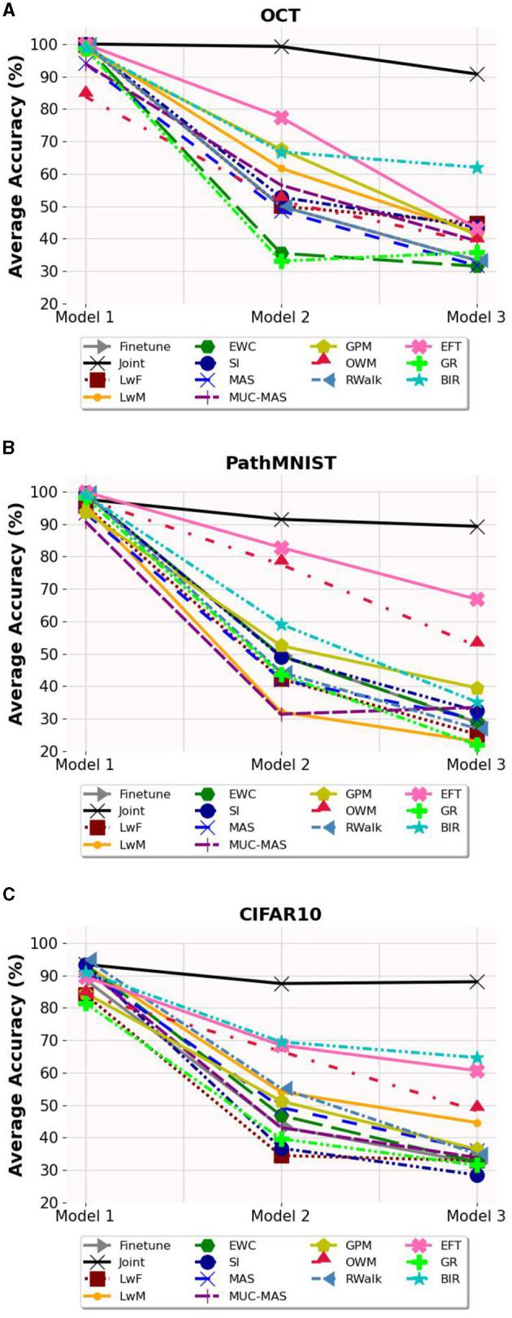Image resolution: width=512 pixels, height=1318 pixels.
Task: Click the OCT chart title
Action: (x=280, y=16)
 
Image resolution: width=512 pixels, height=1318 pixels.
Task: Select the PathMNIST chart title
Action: (x=280, y=463)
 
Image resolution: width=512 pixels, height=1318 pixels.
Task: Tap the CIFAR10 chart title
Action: (x=280, y=914)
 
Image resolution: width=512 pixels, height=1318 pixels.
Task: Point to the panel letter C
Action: (x=9, y=894)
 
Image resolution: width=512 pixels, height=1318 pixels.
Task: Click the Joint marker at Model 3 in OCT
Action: (x=477, y=75)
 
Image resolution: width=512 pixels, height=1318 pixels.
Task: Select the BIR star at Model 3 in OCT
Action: (x=477, y=167)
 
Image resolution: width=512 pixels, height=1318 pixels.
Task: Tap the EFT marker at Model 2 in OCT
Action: (x=281, y=118)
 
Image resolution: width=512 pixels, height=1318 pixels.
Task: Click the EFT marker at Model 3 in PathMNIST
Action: (x=477, y=599)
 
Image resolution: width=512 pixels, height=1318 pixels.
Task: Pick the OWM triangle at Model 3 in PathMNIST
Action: (x=477, y=642)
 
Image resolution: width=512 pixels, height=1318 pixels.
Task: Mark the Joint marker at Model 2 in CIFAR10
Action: (x=281, y=984)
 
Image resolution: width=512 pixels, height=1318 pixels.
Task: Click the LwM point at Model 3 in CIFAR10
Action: (x=477, y=1123)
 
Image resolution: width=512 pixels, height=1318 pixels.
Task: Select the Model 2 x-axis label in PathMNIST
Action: (x=281, y=765)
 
